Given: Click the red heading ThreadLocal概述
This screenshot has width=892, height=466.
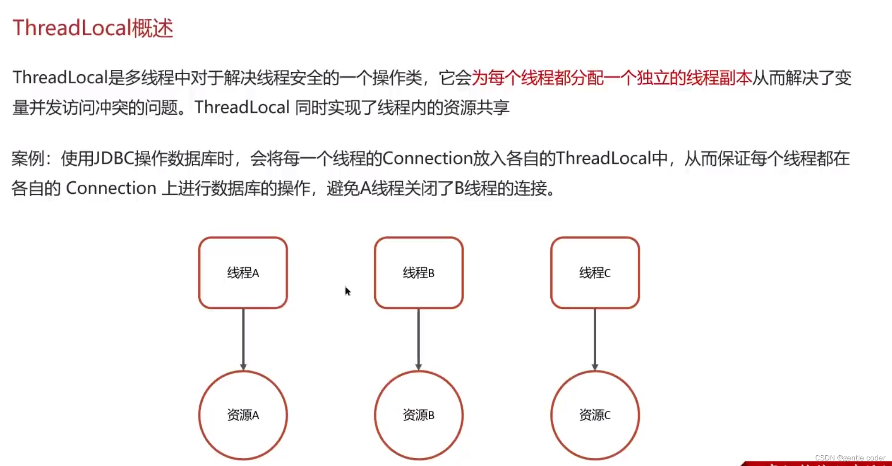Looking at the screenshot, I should pos(93,28).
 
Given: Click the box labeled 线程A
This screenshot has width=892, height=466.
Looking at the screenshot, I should pos(243,273).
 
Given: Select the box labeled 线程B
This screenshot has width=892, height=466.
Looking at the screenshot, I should pos(419,273).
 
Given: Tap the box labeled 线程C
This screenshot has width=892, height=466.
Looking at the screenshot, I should pos(595,273).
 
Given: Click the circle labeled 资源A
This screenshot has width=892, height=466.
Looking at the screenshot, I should pos(243,415).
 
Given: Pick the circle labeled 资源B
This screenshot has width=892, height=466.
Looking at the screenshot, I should pos(419,415).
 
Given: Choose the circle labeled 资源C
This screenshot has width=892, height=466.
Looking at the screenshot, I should pos(595,415).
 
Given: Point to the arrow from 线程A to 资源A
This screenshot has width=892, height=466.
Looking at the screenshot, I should pos(243,339).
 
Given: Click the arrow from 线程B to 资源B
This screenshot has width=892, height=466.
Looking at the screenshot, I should pos(419,339).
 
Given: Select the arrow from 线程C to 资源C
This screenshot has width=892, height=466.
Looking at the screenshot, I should pos(595,339).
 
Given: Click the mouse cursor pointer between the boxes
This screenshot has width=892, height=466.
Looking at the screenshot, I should pos(347,291).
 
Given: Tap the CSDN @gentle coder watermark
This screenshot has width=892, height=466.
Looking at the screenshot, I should pos(850,458).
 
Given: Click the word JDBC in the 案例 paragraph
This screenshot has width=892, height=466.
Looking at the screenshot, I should pos(114,159).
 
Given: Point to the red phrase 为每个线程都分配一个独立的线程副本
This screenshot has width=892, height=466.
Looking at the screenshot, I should pos(612,78).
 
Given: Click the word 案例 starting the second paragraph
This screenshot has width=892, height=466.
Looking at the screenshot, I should pos(27,159).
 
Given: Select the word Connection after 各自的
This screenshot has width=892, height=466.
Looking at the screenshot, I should pos(111,189).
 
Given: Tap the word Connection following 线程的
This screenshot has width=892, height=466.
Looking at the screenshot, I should pos(428,159).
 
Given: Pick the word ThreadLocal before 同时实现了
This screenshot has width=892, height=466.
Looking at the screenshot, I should pos(242,107).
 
